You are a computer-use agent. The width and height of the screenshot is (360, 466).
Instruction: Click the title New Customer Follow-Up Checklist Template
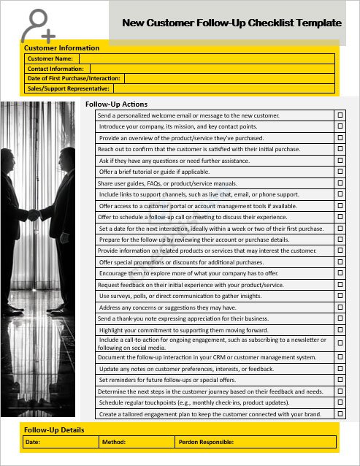point(231,23)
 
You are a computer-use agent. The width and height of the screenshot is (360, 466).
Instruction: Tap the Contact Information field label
point(55,68)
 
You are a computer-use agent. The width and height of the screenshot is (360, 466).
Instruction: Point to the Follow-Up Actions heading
point(116,104)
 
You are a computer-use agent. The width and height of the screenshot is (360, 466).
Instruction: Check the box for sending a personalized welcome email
point(340,115)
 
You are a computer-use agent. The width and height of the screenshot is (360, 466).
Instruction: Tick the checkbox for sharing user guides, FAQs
point(340,183)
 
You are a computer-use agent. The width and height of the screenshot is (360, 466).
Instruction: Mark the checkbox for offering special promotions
point(340,262)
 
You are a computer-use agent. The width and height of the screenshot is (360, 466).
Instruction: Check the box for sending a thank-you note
point(340,318)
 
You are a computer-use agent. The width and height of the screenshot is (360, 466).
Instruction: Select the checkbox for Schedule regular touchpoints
point(340,402)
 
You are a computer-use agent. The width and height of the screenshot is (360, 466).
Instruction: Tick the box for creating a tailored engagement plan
point(340,414)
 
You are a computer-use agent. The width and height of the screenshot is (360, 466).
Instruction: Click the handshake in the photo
point(33,214)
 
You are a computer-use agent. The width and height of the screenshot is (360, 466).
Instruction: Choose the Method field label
point(114,442)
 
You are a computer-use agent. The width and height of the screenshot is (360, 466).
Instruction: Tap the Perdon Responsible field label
point(206,442)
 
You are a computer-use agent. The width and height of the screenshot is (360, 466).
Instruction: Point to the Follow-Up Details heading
point(54,430)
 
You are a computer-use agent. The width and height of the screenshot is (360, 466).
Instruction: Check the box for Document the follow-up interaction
point(340,357)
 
